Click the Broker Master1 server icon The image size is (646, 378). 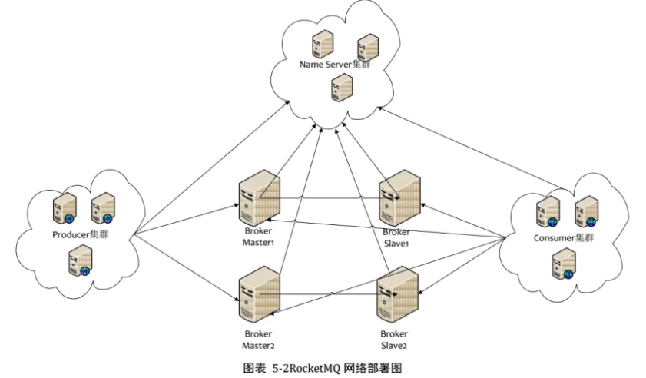[260, 199]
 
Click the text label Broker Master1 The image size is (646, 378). [258, 236]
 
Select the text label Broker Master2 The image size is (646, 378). [258, 339]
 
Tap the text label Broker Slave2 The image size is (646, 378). [395, 339]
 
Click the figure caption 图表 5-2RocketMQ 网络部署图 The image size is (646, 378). [323, 367]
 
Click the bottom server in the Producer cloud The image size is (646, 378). [81, 260]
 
